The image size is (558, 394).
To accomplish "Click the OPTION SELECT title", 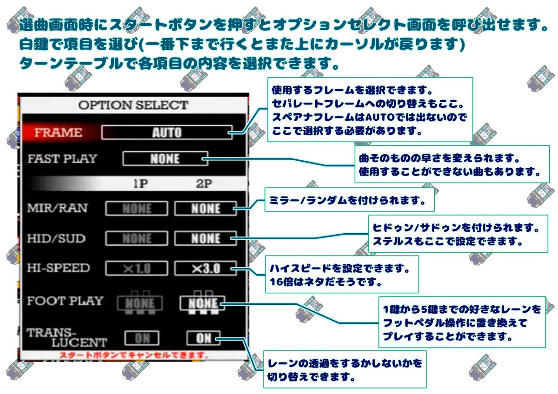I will (133, 105).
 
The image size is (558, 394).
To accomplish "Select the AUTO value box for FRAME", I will (166, 132).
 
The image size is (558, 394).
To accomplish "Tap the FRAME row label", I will (58, 132).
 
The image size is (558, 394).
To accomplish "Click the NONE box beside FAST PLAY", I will (165, 159).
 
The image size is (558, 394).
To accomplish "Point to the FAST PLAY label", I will (62, 159).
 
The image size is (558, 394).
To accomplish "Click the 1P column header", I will (140, 184).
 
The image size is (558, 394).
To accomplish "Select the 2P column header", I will (203, 184).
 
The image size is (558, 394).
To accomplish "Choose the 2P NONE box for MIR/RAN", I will (205, 209).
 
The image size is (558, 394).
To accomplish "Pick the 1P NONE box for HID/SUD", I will (136, 239).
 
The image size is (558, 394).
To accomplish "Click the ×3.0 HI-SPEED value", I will (205, 269).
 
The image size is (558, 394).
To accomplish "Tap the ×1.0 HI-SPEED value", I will (136, 269).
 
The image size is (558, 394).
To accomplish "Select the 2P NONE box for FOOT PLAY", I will (203, 304).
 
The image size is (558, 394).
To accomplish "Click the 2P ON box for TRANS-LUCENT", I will (203, 338).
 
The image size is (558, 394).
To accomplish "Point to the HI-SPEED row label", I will (58, 268).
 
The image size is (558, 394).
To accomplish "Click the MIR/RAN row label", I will (56, 209).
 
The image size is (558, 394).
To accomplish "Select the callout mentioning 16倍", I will (341, 275).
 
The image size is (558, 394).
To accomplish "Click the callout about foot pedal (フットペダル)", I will (461, 322).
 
